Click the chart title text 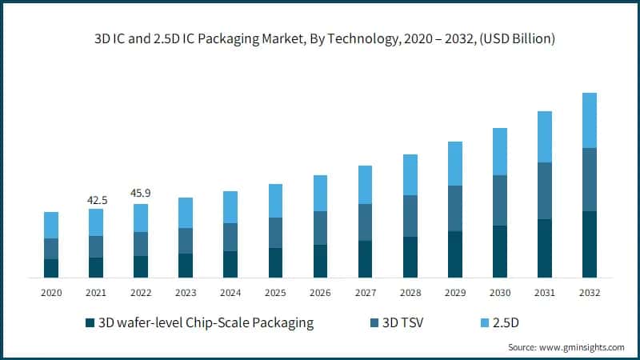coord(320,38)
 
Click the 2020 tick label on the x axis coord(51,294)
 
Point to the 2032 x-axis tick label coord(590,294)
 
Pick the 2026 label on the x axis coord(320,294)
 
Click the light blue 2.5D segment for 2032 coord(590,120)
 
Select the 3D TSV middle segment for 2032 coord(590,179)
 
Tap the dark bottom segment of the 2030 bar coord(500,251)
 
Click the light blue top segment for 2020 coord(51,225)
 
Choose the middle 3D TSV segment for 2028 coord(410,216)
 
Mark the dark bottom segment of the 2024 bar coord(230,264)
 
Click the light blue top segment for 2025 coord(275,201)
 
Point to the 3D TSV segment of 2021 coord(96,246)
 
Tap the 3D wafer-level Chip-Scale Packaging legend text coord(205,323)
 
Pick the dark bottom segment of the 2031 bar coord(545,248)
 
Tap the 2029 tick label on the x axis coord(455,294)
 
